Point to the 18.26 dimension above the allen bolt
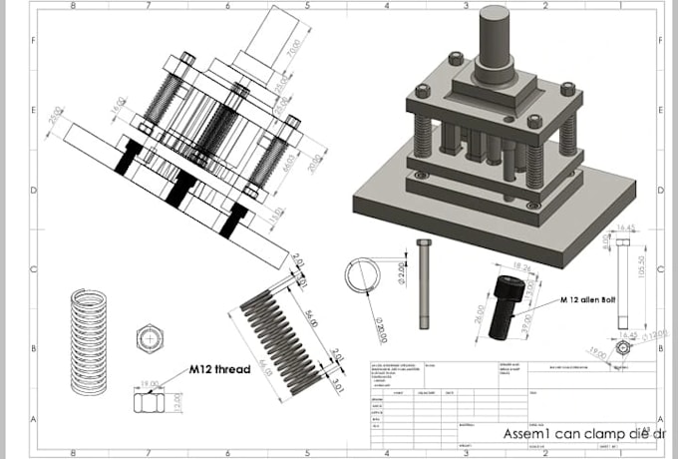[519, 267]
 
